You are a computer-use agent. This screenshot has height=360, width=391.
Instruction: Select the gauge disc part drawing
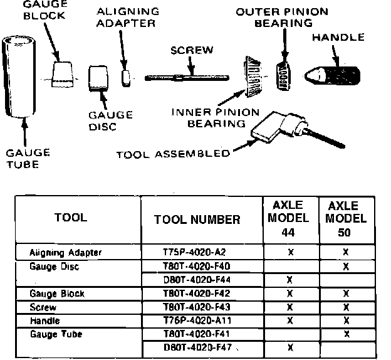pyautogui.click(x=98, y=79)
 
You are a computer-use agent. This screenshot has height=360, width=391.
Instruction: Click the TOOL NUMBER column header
pyautogui.click(x=196, y=220)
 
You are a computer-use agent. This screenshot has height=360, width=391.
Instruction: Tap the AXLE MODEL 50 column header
pyautogui.click(x=343, y=218)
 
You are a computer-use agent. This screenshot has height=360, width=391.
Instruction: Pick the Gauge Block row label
pyautogui.click(x=57, y=294)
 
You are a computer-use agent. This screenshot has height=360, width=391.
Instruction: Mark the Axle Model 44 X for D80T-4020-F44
pyautogui.click(x=289, y=279)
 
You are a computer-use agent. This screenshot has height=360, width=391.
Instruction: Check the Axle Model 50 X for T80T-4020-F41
pyautogui.click(x=345, y=334)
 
